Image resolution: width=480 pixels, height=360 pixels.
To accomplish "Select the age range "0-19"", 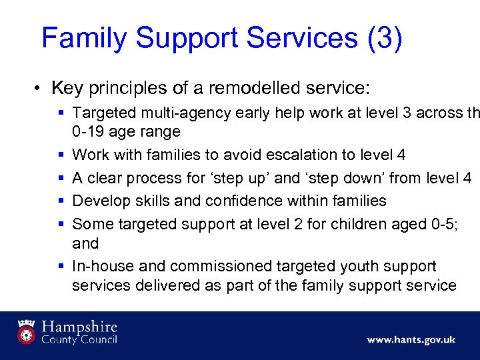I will [x=87, y=131].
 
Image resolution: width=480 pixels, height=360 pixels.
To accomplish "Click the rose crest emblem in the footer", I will [x=27, y=331].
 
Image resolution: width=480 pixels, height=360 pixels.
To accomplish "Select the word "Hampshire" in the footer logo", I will [x=79, y=327].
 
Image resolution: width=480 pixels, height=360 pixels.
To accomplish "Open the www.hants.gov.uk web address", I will [x=411, y=339].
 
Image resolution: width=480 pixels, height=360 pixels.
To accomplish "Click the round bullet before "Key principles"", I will [x=41, y=88].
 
